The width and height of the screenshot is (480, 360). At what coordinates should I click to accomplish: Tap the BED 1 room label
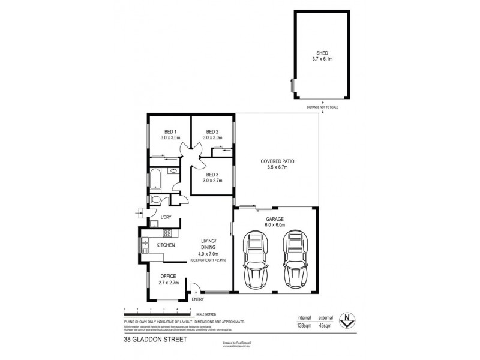(x=170, y=134)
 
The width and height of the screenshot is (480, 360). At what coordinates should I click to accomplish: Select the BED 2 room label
(x=212, y=134)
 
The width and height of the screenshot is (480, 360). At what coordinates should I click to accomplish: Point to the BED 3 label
(x=212, y=177)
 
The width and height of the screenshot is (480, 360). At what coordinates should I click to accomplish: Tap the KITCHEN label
(x=166, y=246)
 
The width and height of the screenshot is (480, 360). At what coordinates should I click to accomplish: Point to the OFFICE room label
(x=168, y=276)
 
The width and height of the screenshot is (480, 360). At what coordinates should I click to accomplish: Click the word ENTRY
(x=197, y=299)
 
